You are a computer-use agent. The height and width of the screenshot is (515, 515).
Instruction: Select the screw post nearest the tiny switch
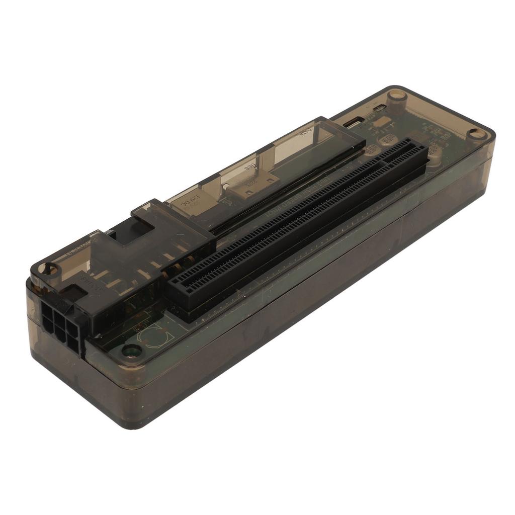pyautogui.click(x=397, y=95)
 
